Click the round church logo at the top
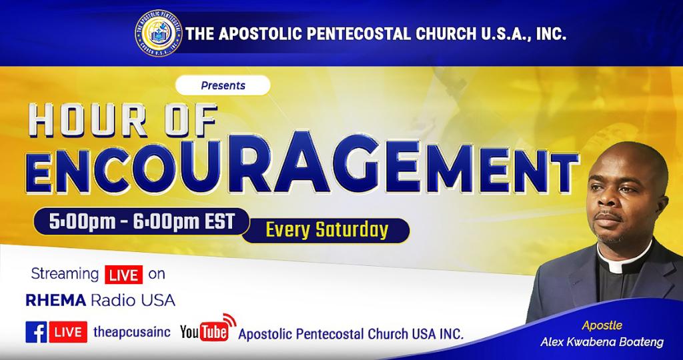159,33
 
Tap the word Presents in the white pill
223,86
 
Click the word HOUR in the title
87,120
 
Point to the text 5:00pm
82,221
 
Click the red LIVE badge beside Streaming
123,275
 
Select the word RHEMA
56,301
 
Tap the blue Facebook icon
36,332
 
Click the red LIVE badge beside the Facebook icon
67,332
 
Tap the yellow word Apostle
602,325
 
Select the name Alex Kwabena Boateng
602,343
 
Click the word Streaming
65,275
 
